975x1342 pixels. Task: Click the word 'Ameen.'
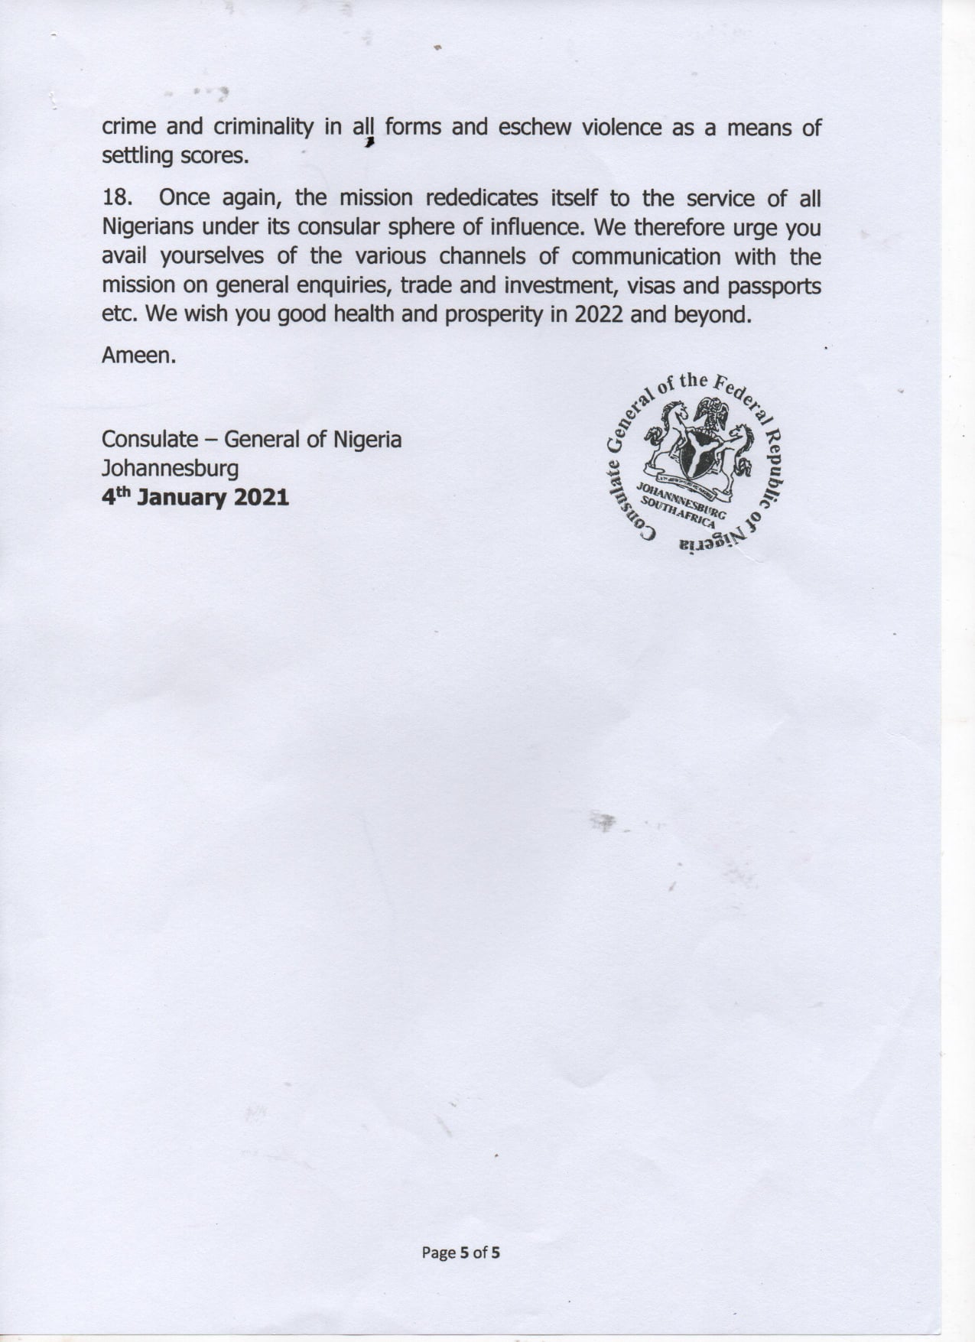point(138,356)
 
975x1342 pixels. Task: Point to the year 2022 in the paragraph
point(600,314)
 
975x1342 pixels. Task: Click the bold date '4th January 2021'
point(195,498)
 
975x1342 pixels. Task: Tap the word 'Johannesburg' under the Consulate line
point(170,468)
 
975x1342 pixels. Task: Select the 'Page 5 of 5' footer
point(461,1253)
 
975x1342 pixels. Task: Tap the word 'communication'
point(645,256)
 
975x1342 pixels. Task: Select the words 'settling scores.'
point(175,156)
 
